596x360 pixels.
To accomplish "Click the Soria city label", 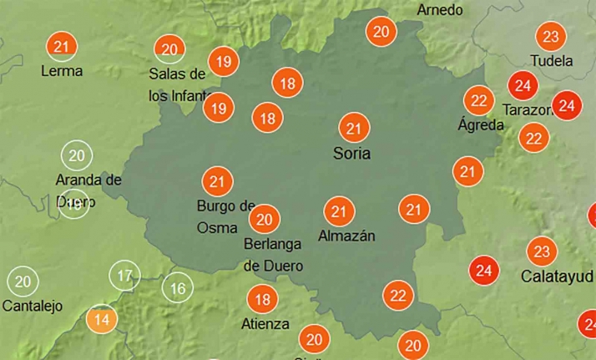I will tap(351, 154).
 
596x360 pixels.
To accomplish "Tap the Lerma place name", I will tap(62, 71).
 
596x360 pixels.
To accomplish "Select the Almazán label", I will tap(346, 236).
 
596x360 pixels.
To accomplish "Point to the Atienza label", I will tap(265, 324).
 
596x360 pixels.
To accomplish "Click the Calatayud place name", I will tap(557, 276).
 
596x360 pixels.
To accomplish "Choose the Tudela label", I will tap(552, 61).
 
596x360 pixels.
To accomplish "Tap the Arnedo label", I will tap(440, 10).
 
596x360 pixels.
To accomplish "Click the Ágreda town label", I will tap(481, 125).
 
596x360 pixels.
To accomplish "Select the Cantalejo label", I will tap(33, 306).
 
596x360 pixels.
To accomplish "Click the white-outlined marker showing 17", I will tap(124, 276).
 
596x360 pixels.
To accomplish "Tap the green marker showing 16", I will tap(177, 289).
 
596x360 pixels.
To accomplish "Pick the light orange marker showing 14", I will tap(102, 319).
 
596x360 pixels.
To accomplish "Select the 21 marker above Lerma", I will tap(61, 46).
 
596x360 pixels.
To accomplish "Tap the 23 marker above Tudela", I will tap(550, 37).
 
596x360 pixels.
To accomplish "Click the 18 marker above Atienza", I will tap(262, 299).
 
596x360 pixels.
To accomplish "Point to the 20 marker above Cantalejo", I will tap(23, 281).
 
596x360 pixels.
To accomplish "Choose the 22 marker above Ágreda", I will tap(479, 100).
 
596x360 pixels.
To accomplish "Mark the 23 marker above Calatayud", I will tap(542, 251).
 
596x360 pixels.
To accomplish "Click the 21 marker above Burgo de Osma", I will tap(218, 180).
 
